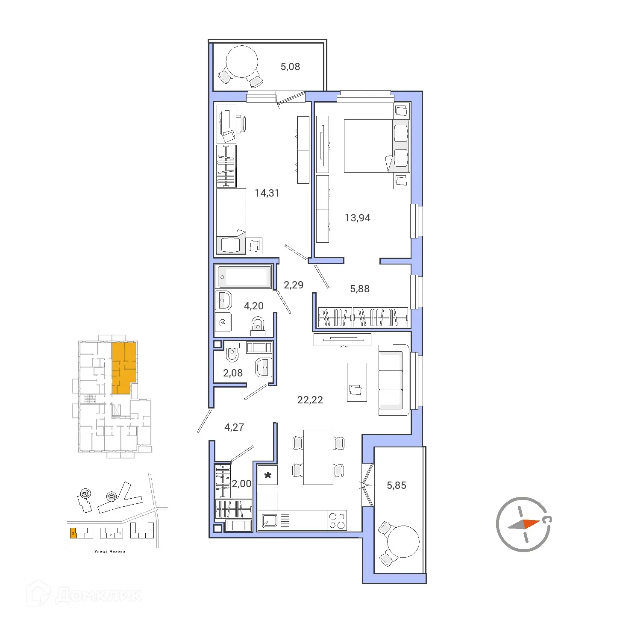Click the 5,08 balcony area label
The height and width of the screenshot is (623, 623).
coord(290,67)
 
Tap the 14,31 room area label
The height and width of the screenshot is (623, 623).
coord(267,193)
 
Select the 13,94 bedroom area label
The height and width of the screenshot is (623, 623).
coord(357,218)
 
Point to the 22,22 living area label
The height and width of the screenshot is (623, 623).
coord(310,400)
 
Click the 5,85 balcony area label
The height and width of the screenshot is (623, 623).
coord(396,485)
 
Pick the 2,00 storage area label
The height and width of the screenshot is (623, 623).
coord(241,484)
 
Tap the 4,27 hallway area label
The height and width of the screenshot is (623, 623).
coord(234,427)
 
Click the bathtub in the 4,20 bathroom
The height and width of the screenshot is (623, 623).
coord(244,277)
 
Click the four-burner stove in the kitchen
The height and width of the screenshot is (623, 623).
coord(337,520)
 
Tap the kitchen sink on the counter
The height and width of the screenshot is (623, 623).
coord(269,520)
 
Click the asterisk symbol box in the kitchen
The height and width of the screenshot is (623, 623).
coord(267,475)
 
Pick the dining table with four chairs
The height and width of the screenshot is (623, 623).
coord(318,457)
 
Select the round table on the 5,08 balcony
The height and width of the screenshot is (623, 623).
coord(241,62)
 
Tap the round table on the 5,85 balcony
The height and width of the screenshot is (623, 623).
coord(403,541)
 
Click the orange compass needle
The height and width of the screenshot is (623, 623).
coord(531,523)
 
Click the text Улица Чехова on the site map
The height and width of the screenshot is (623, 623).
coord(110,551)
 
